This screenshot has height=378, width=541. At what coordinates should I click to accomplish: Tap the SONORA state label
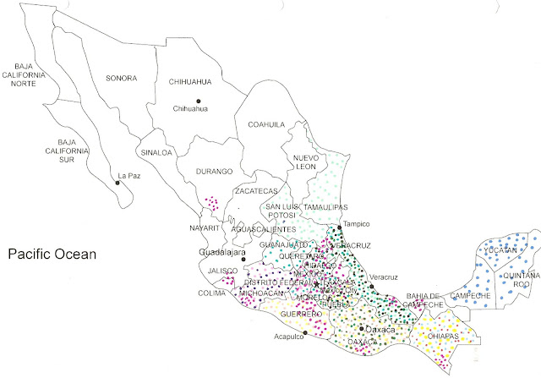pos(121,79)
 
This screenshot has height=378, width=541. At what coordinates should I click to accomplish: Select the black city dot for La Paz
pos(117,182)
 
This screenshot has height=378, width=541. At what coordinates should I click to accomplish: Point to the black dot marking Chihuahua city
pos(199,101)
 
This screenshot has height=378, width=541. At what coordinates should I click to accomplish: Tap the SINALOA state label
pos(156,153)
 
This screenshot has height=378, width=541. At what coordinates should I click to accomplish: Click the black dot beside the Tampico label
pos(340,227)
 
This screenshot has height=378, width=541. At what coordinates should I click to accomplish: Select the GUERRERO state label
pos(302,314)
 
